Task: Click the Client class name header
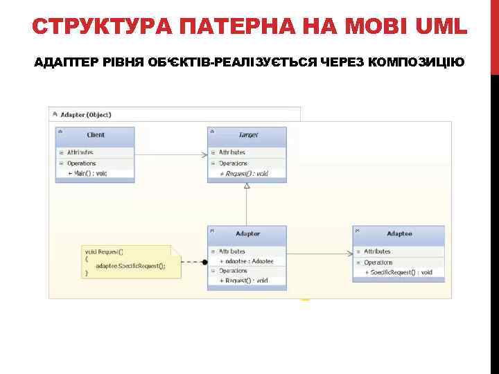point(96,135)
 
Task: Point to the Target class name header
point(247,135)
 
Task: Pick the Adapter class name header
point(247,234)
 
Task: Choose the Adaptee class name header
point(399,234)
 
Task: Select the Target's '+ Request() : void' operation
point(243,173)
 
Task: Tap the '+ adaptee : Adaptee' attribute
point(246,261)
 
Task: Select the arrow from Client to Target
point(171,154)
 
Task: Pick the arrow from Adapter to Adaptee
point(319,252)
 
